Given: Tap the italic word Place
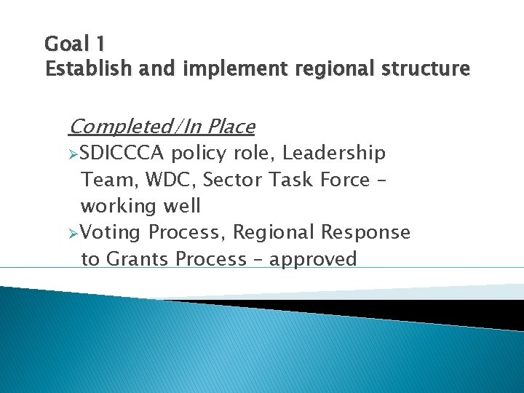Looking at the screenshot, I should [x=230, y=127].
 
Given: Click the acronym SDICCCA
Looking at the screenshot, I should [x=123, y=154].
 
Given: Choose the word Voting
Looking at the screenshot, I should [x=112, y=233].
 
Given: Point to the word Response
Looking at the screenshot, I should [x=366, y=233].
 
